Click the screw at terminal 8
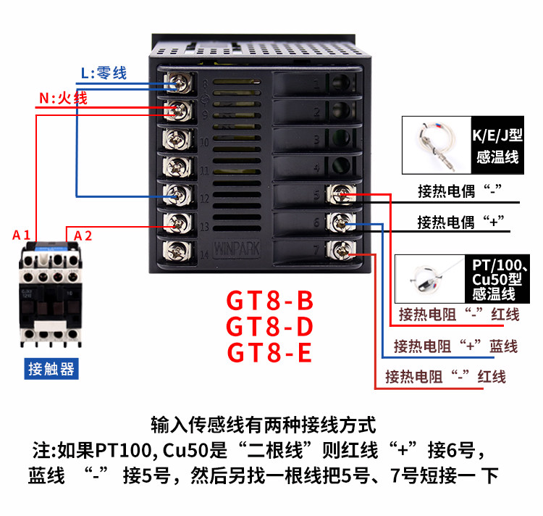pos(177,83)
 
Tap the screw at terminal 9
pos(177,111)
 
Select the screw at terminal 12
pos(177,195)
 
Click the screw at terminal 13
pos(177,222)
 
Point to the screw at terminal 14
pos(177,251)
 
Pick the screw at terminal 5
pos(341,194)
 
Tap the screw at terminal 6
pos(341,222)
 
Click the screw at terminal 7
pos(341,250)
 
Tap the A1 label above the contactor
pos(22,236)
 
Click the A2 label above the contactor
pos(83,236)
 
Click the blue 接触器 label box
pos(51,369)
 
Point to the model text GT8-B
pos(270,301)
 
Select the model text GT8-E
pos(269,352)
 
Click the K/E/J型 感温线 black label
pos(497,145)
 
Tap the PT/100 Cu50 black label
pos(497,279)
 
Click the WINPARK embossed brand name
pos(237,249)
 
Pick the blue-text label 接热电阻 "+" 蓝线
pos(455,346)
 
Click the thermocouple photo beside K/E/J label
pos(437,145)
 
